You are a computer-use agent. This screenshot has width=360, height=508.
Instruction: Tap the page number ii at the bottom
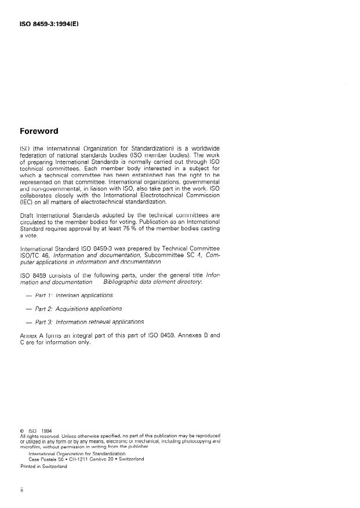pos(21,489)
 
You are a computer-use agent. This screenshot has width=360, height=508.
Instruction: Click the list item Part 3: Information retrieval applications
pos(89,321)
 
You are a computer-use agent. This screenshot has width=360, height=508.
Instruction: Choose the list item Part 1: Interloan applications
pos(74,295)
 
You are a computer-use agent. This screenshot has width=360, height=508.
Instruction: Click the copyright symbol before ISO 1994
pos(21,430)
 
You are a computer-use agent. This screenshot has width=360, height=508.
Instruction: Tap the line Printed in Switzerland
pos(44,466)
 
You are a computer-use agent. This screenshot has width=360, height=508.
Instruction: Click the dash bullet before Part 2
pos(28,309)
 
